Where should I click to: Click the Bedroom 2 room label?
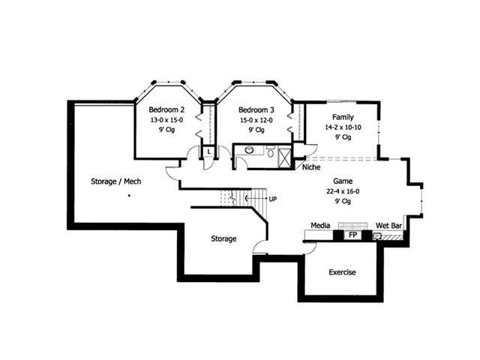pos(166,109)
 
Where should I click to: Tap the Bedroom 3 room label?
pos(256,109)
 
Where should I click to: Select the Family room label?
pos(343,117)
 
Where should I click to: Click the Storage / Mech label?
pos(116,181)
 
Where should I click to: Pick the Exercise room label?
pos(342,272)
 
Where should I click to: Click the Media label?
pos(322,225)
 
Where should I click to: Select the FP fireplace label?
pos(352,235)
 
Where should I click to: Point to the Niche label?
pos(311,167)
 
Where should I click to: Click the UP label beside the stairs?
pos(272,199)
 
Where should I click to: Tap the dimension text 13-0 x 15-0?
pos(166,119)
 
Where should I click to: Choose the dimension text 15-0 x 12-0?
pos(256,119)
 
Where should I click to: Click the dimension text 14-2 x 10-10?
pos(343,127)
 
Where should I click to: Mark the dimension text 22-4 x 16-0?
pos(343,191)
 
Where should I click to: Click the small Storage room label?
pos(223,239)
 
